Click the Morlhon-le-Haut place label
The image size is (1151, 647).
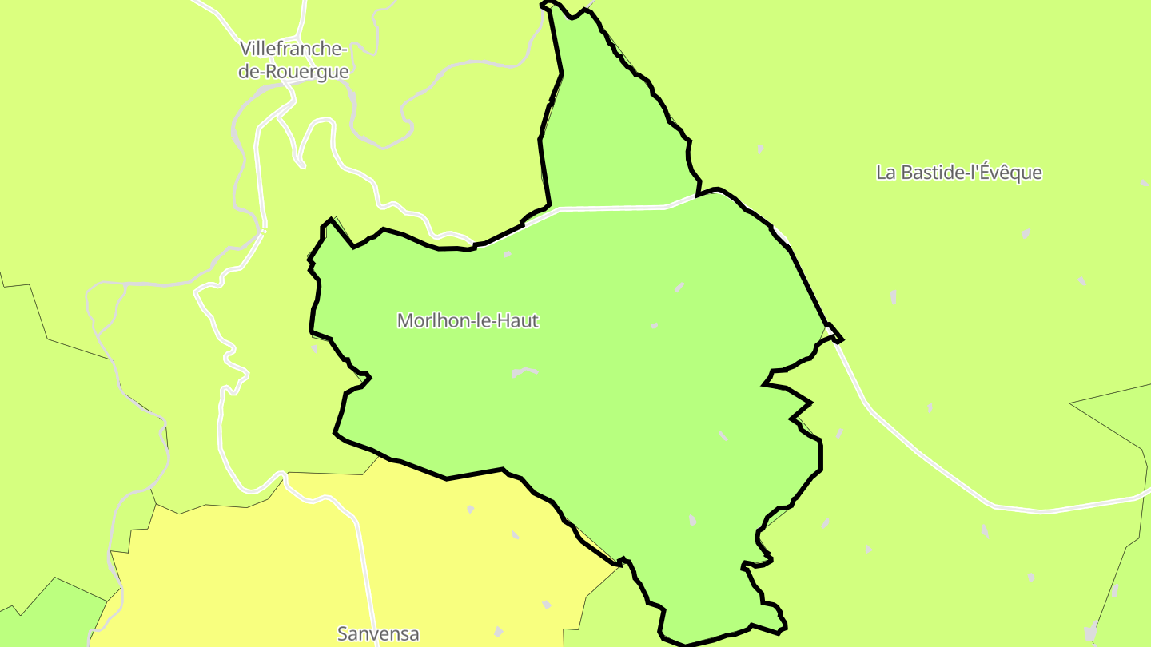(x=468, y=321)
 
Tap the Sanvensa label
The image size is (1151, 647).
(x=378, y=634)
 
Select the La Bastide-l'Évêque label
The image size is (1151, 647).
(x=959, y=173)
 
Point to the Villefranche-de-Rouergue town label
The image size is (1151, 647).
(x=293, y=60)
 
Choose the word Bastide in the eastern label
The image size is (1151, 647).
(x=934, y=173)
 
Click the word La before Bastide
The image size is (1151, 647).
(x=886, y=173)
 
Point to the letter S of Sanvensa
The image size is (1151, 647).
(x=343, y=634)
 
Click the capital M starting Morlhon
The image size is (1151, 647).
(x=404, y=321)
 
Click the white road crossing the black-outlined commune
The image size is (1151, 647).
(x=611, y=208)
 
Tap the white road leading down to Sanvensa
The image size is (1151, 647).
(x=364, y=575)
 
